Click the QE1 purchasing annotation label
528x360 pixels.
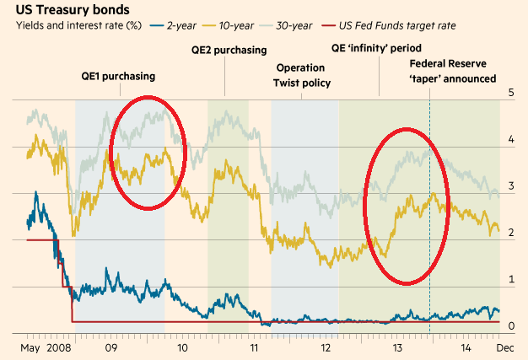[x=119, y=76]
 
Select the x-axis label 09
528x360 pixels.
[x=110, y=346]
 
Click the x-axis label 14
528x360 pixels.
[x=466, y=346]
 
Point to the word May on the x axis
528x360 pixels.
[x=30, y=346]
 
